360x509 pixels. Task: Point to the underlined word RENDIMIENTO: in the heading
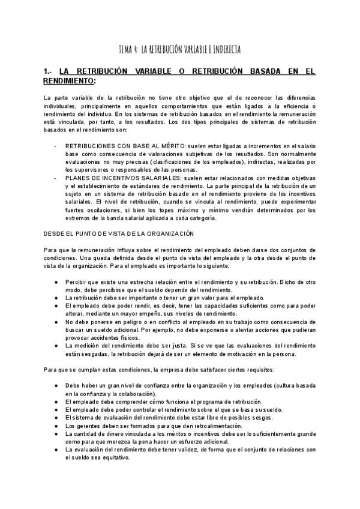pos(70,80)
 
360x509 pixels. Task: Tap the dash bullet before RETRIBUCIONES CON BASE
pos(55,145)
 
